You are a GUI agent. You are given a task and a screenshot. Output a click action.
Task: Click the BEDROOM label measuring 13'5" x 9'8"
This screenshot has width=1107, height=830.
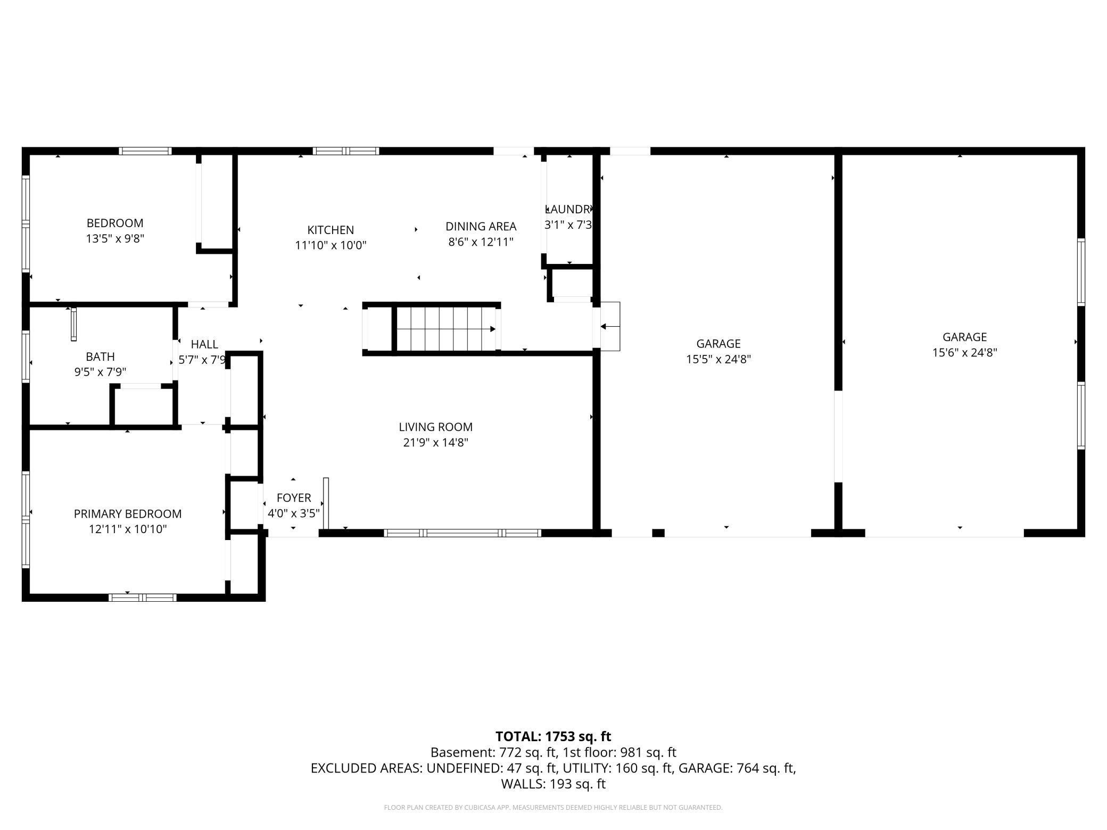pyautogui.click(x=115, y=223)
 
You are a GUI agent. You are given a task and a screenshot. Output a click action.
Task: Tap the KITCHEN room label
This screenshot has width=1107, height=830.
pyautogui.click(x=331, y=230)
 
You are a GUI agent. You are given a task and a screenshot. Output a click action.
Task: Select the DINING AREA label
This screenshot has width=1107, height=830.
pyautogui.click(x=481, y=227)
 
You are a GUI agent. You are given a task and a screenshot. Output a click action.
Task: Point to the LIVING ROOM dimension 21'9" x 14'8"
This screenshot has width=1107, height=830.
pyautogui.click(x=435, y=443)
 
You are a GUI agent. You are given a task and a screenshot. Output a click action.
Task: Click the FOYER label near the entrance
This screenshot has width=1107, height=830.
pyautogui.click(x=294, y=498)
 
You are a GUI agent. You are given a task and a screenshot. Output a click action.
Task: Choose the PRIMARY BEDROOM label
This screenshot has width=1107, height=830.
pyautogui.click(x=128, y=514)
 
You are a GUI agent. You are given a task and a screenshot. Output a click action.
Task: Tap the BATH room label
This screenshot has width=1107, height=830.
pyautogui.click(x=100, y=356)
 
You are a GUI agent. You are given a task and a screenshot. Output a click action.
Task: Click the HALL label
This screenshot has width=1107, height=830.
pyautogui.click(x=204, y=344)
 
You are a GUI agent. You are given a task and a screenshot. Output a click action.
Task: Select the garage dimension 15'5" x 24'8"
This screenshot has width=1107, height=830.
pyautogui.click(x=718, y=359)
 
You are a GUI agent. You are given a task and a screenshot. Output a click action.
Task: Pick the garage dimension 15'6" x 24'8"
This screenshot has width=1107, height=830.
pyautogui.click(x=964, y=352)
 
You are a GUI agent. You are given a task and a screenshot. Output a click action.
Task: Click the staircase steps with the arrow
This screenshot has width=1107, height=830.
pyautogui.click(x=446, y=329)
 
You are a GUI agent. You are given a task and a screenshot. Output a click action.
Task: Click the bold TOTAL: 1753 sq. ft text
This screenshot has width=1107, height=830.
pyautogui.click(x=553, y=736)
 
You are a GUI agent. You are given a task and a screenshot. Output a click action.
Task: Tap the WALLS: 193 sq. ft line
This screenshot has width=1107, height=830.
pyautogui.click(x=553, y=784)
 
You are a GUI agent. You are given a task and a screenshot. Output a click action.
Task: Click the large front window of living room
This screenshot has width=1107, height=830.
pyautogui.click(x=462, y=533)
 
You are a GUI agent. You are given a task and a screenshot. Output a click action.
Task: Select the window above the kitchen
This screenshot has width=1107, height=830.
pyautogui.click(x=346, y=151)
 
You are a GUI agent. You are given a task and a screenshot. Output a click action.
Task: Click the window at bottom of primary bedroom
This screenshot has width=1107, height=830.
pyautogui.click(x=142, y=597)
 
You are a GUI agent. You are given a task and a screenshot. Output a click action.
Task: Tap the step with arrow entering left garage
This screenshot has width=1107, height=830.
pyautogui.click(x=610, y=326)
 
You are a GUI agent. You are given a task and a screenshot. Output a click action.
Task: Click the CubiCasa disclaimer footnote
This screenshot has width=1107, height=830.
pyautogui.click(x=553, y=808)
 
